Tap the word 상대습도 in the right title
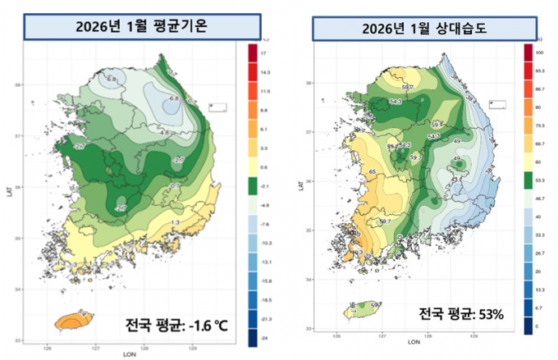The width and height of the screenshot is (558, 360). tap(462, 30)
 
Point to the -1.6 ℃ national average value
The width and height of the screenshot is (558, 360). tap(200, 327)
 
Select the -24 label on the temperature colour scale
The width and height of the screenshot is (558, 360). tap(265, 337)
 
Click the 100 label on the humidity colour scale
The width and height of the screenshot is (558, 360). tap(540, 52)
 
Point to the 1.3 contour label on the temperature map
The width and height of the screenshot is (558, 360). tap(175, 223)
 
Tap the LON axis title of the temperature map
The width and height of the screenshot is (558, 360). tap(130, 354)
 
